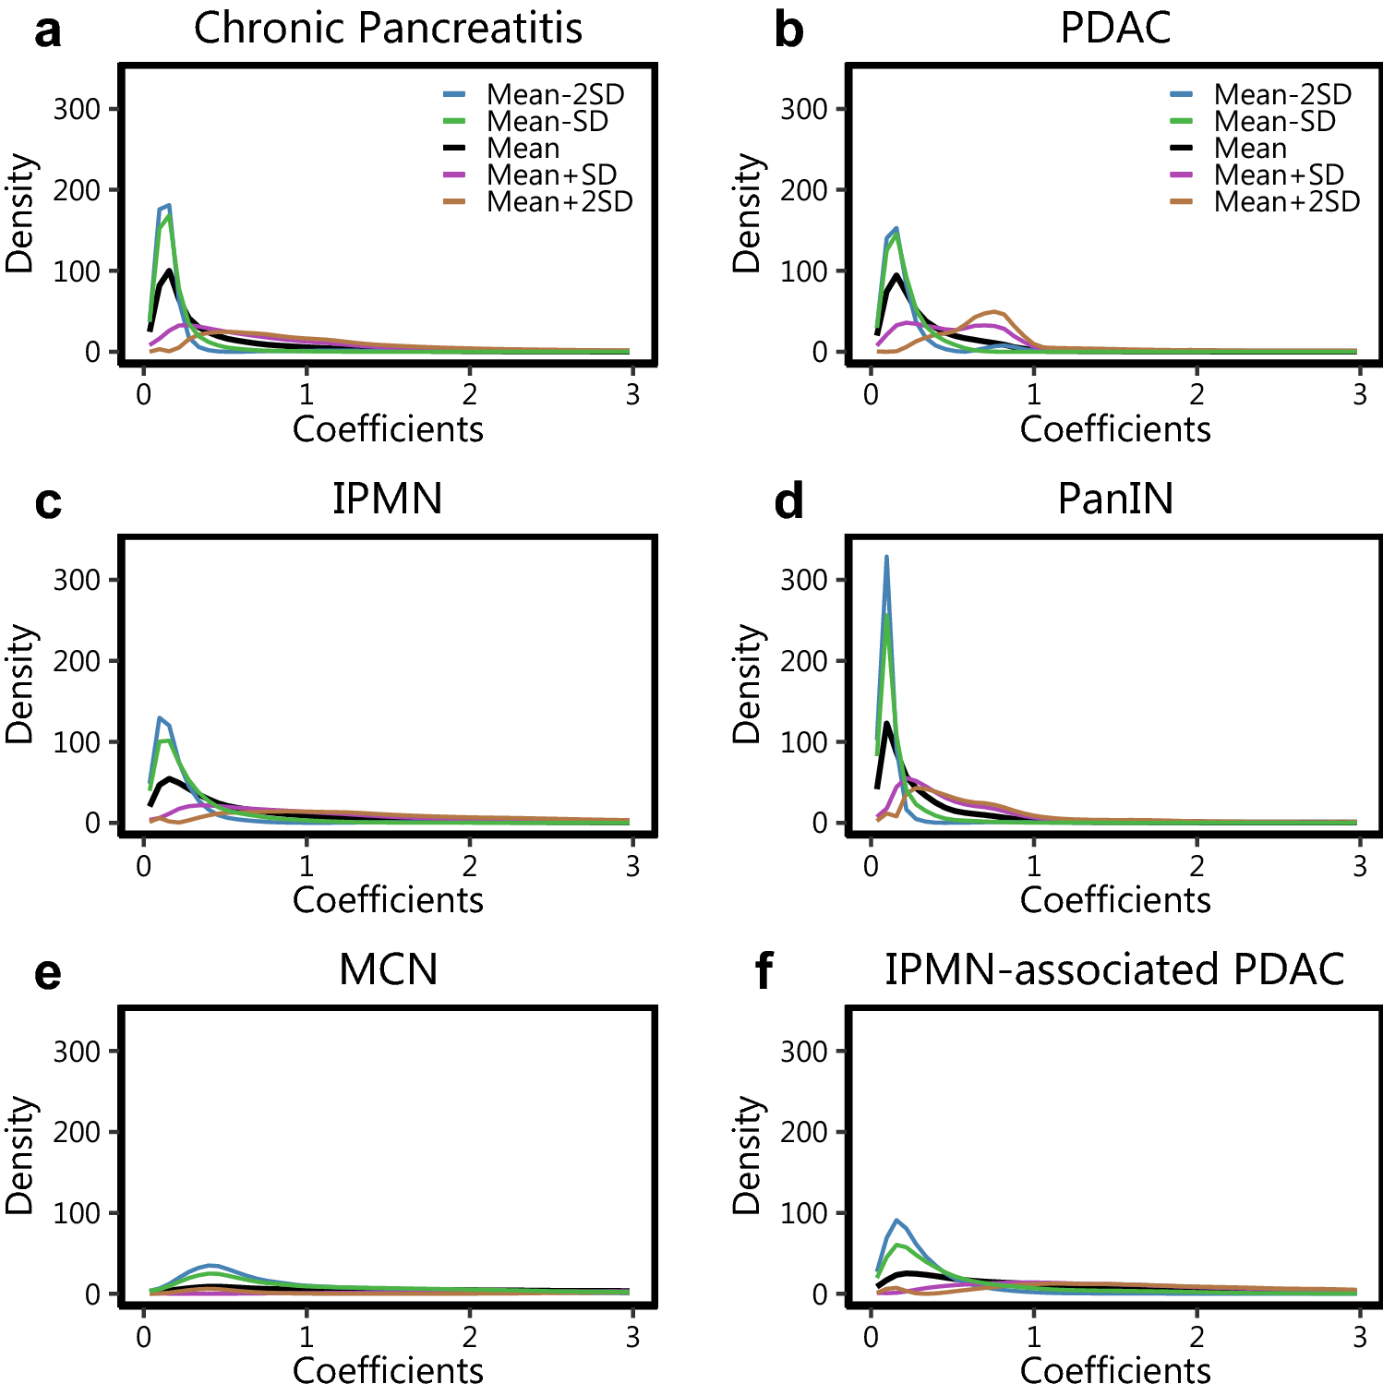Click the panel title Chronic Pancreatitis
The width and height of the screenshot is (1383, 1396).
coord(388,28)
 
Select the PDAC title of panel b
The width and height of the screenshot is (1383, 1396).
coord(1115,28)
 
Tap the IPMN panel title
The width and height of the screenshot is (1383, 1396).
coord(388,499)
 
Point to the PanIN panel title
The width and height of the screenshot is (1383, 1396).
coord(1115,499)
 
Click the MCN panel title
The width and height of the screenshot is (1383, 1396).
coord(388,969)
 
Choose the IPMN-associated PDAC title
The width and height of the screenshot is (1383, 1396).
coord(1115,969)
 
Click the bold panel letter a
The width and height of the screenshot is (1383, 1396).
coord(48,31)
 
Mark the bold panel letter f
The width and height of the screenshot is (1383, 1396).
coord(764,971)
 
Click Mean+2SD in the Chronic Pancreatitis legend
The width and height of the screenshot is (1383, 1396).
coord(559,201)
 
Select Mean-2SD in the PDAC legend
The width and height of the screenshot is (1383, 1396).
coord(1282,94)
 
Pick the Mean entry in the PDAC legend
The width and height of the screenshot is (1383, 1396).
coord(1250,148)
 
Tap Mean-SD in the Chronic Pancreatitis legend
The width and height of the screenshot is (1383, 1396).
coord(547,121)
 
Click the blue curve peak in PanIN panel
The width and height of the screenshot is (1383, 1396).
coord(886,558)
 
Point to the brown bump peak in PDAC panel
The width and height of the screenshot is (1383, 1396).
coord(994,312)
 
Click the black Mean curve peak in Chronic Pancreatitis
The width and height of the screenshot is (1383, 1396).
coord(170,271)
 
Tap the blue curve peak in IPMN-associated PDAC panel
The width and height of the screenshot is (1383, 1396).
coord(896,1221)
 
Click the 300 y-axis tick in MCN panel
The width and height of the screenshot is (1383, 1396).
coord(76,1051)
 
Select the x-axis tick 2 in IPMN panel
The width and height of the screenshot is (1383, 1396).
coord(470,866)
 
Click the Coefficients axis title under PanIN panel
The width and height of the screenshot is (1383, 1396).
coord(1115,900)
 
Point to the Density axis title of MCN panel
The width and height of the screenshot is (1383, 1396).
coord(20,1154)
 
